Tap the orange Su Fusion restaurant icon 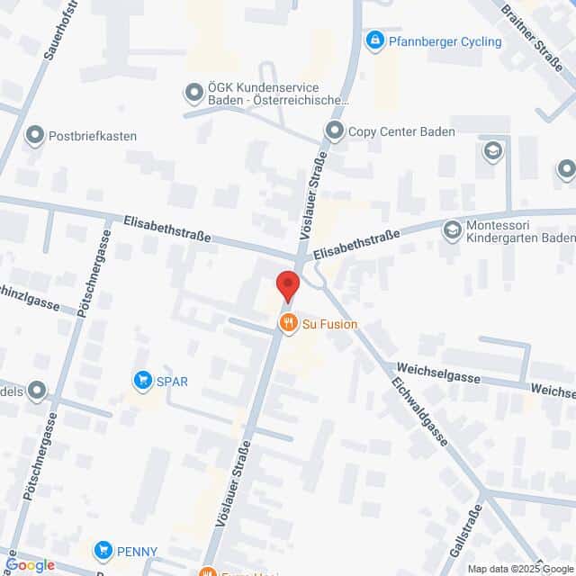(x=288, y=325)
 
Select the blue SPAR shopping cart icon (x=141, y=382)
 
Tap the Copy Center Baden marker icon (x=335, y=131)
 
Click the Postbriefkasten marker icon (x=35, y=136)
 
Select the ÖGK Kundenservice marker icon (x=193, y=92)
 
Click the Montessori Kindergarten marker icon (x=451, y=231)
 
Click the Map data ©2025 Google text (x=519, y=569)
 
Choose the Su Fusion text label (x=329, y=325)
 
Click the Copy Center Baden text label (x=401, y=131)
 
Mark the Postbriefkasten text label (x=94, y=136)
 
